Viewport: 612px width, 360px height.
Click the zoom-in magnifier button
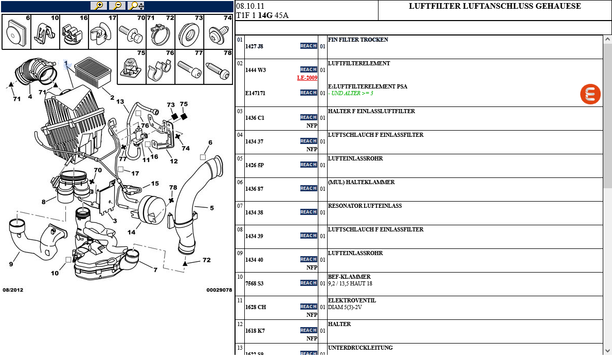coord(98,6)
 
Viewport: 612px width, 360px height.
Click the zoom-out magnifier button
coord(117,6)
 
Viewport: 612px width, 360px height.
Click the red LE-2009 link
coord(307,78)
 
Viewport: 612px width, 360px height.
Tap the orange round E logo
coord(590,95)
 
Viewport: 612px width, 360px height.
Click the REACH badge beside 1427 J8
coord(309,46)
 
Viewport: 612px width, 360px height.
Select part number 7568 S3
coord(254,283)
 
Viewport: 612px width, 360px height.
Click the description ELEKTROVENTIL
coord(352,301)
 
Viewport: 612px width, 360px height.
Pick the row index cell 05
coord(240,159)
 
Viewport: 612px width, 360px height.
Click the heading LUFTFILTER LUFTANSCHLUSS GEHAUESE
coord(495,7)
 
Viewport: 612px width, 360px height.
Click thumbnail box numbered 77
coord(190,66)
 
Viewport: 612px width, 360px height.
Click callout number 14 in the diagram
coord(132,232)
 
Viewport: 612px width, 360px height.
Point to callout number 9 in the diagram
coord(11,264)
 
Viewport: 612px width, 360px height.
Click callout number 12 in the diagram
coord(174,161)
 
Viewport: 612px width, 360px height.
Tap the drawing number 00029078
coord(219,290)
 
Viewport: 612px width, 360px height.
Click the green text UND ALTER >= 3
coord(352,94)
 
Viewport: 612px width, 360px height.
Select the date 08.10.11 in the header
coord(250,6)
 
